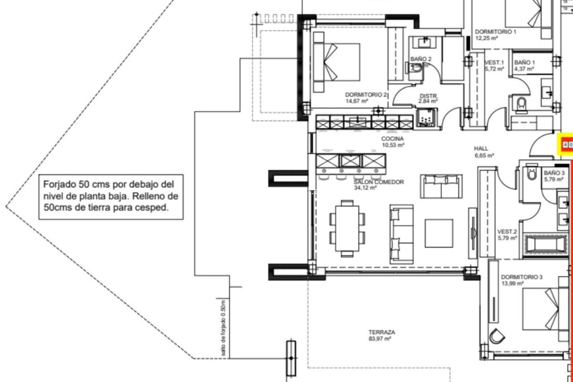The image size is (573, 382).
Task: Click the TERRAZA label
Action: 381,332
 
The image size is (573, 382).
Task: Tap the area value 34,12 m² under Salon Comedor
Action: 365,188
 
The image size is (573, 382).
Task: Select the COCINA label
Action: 392,139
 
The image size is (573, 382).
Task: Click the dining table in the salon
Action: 347,228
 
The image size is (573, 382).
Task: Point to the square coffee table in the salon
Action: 439,233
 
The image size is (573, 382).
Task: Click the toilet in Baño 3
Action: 532,172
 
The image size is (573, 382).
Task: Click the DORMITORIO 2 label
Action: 366,95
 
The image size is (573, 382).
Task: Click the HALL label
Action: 481,149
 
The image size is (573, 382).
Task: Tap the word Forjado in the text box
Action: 60,184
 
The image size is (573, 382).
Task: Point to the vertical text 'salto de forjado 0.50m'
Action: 224,328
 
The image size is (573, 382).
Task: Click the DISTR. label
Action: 429,96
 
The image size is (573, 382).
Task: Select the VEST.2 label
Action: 507,232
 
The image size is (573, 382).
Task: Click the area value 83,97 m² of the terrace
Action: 380,339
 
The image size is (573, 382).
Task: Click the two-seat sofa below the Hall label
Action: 441,187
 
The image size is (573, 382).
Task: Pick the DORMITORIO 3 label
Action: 521,277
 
